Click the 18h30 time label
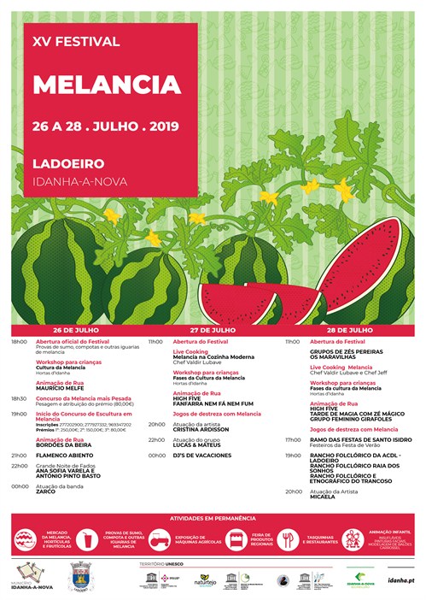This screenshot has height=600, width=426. click(x=19, y=398)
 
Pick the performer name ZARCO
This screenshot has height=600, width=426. click(x=45, y=491)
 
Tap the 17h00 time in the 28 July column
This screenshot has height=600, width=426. click(x=293, y=439)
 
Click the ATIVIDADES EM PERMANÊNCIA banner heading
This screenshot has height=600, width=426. click(x=213, y=518)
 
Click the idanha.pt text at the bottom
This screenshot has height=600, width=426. click(x=398, y=579)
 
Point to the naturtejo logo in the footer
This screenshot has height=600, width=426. click(x=205, y=579)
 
